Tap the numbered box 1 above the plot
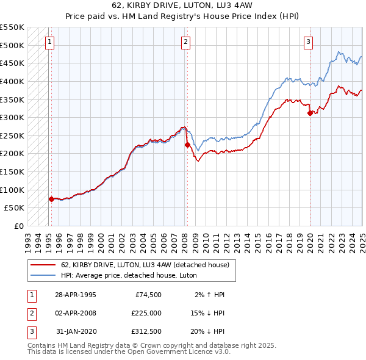pos(49,42)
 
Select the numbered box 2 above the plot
pos(185,42)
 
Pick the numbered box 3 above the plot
pos(309,42)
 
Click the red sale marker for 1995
pos(51,199)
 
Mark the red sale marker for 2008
pos(187,145)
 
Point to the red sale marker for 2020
pos(310,113)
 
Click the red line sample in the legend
pos(43,265)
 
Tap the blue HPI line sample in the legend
pos(43,275)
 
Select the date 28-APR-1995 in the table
pos(75,295)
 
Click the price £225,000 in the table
pos(146,313)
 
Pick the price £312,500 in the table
pos(146,331)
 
